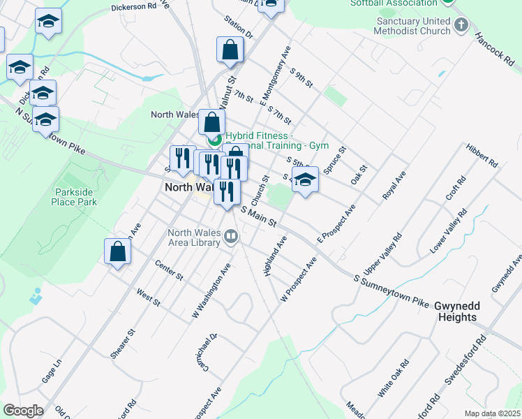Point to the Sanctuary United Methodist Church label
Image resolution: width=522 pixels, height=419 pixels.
click(412, 26)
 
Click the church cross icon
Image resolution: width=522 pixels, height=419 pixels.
click(461, 26)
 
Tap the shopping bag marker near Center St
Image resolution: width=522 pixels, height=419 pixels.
click(118, 251)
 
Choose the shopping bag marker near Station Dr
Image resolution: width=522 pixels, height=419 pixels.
click(230, 50)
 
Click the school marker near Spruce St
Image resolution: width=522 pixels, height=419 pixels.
click(305, 180)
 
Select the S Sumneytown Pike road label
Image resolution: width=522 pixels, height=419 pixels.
click(391, 291)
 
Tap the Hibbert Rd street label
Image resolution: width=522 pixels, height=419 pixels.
click(482, 156)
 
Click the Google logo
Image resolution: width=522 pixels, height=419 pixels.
click(23, 410)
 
